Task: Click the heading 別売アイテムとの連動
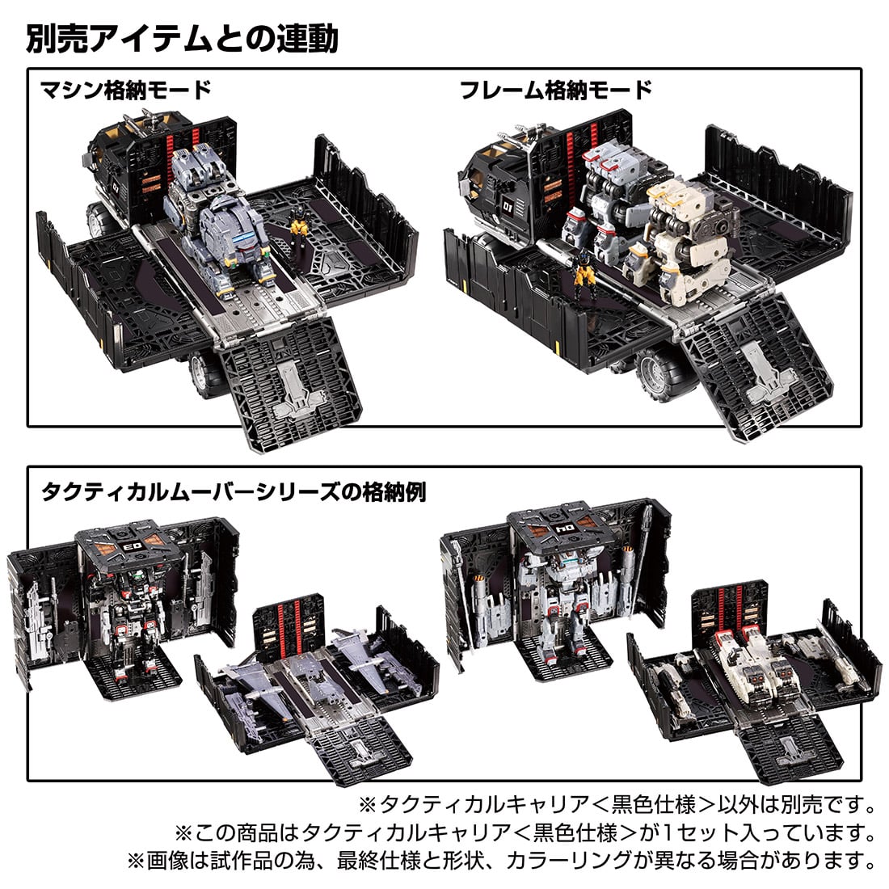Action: (x=182, y=39)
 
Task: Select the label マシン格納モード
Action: (x=125, y=91)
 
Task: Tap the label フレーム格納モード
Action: (x=556, y=91)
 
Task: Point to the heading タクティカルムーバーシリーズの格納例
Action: (x=234, y=491)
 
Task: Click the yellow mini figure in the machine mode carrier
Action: (x=299, y=223)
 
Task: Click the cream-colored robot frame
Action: (x=686, y=238)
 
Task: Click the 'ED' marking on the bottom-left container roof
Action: (x=129, y=546)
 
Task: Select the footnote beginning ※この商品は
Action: (x=525, y=832)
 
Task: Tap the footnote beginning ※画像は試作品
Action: (x=501, y=861)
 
